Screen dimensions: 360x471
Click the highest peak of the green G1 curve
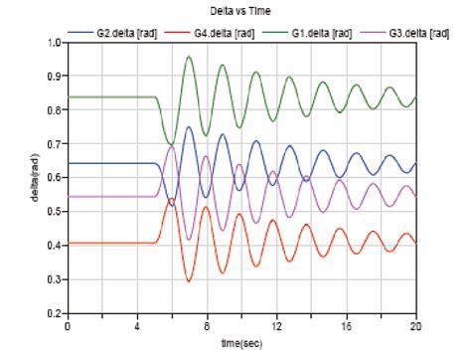189,57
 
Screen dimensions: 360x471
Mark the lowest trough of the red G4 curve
190,281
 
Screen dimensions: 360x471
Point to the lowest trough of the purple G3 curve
190,240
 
